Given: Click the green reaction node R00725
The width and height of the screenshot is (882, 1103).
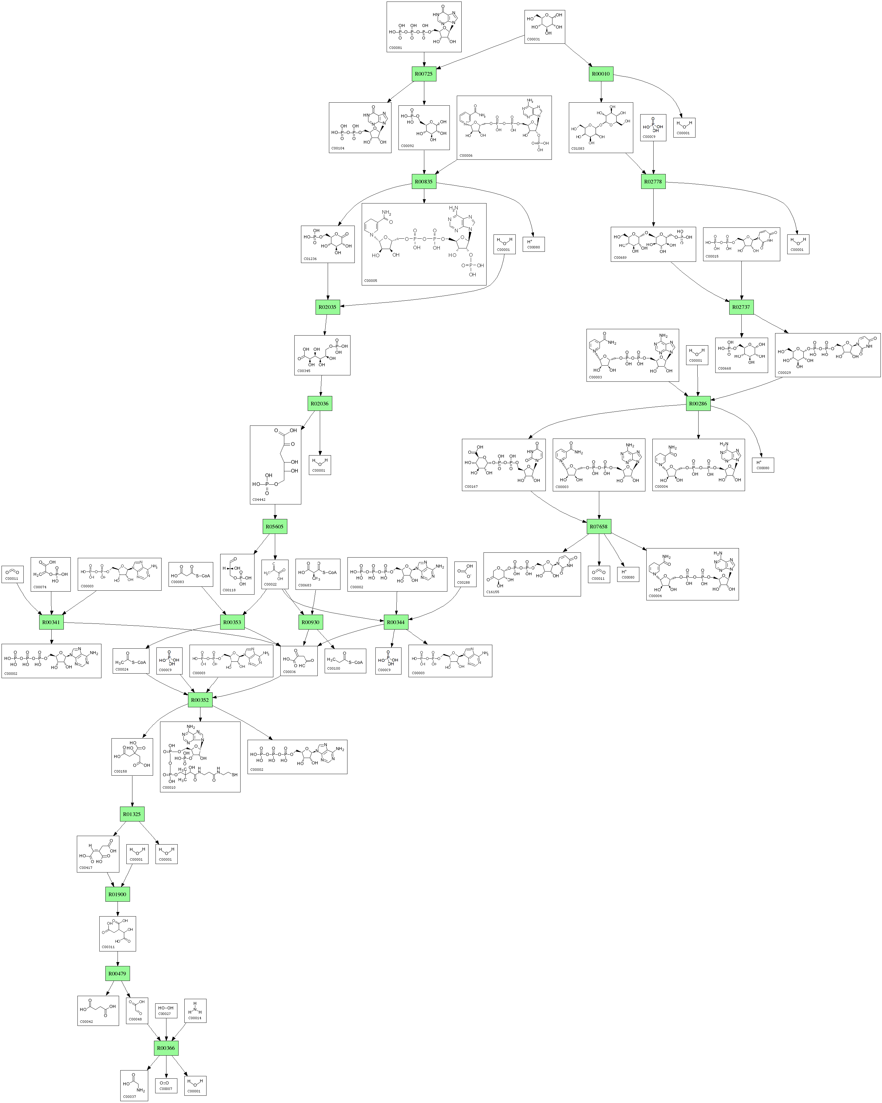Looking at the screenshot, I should pyautogui.click(x=424, y=74).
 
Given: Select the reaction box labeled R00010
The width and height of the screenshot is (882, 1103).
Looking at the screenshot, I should pyautogui.click(x=601, y=74).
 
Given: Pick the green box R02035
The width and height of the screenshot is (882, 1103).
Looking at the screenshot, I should pyautogui.click(x=327, y=307).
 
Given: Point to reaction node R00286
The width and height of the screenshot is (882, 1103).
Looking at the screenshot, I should pyautogui.click(x=698, y=404).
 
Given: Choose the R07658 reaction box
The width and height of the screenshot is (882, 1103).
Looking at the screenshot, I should pyautogui.click(x=599, y=526).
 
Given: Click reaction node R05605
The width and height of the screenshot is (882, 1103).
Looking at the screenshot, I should pyautogui.click(x=275, y=526).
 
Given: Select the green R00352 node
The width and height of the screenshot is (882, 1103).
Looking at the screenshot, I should pyautogui.click(x=200, y=700).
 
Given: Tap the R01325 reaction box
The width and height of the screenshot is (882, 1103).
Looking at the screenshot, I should pyautogui.click(x=132, y=814).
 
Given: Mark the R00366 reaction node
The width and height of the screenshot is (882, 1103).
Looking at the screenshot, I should pyautogui.click(x=166, y=1048).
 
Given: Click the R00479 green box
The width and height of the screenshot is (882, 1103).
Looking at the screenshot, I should pyautogui.click(x=117, y=974).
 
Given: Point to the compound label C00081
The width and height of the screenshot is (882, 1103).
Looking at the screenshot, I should pyautogui.click(x=395, y=48).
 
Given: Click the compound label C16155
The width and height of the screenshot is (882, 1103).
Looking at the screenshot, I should pyautogui.click(x=492, y=592).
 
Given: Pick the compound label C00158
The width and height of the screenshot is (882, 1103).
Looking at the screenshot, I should pyautogui.click(x=120, y=771).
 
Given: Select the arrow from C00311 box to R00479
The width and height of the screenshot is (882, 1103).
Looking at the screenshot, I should pyautogui.click(x=118, y=958).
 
